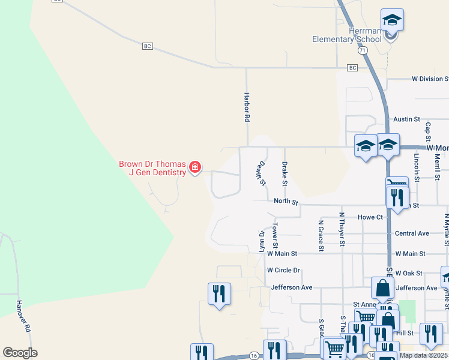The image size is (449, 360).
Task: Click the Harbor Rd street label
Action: (246, 107)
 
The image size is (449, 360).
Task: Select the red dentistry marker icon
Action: (194, 168)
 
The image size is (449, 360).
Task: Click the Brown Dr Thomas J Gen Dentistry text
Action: (152, 168)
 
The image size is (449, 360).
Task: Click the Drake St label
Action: (285, 173)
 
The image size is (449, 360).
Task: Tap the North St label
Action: (286, 202)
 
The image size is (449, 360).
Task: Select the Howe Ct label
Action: (370, 217)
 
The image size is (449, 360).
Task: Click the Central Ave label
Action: (412, 233)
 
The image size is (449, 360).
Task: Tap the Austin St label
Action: (406, 120)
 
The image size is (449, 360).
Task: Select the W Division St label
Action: (430, 79)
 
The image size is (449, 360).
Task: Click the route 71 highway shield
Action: (362, 52)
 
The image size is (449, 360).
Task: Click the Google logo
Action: (20, 353)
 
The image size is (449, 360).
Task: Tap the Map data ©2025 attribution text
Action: (423, 355)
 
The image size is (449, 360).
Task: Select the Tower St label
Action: (275, 236)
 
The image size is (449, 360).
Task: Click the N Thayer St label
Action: (342, 229)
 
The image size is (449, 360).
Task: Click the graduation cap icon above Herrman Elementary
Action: (392, 20)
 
